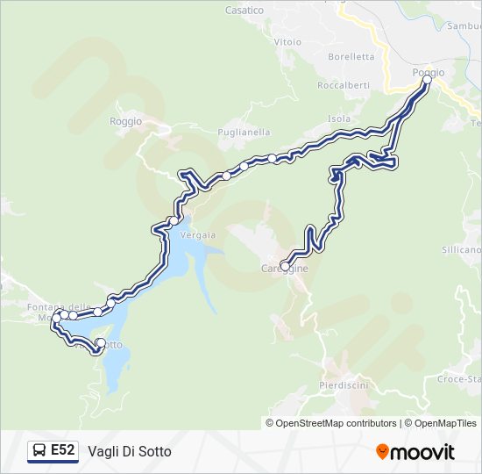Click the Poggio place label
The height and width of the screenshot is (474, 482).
point(429,72)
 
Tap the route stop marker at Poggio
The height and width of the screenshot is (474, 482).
point(427,80)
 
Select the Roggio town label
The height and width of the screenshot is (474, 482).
point(126,122)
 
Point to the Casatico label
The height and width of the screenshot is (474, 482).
point(245,11)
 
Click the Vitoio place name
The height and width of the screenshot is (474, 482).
point(287,41)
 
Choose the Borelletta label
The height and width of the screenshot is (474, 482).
point(351,56)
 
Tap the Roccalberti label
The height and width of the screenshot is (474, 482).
point(344,85)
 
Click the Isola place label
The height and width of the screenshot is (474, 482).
point(339,118)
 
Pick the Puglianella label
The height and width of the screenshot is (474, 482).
point(244,132)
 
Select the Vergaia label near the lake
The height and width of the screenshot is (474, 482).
point(197,235)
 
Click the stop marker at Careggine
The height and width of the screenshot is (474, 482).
point(285,266)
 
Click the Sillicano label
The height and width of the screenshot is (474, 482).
point(461,250)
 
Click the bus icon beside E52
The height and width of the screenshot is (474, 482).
point(40,450)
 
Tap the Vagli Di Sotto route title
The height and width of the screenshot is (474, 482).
point(130,451)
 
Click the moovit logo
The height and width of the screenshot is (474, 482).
point(415,451)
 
